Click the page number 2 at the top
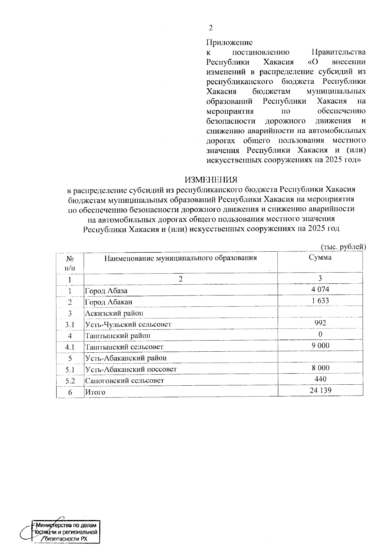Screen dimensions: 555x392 [x=211, y=28]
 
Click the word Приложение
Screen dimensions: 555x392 [x=229, y=42]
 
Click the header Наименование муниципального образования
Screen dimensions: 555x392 [x=180, y=258]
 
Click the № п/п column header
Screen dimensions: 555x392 [x=70, y=263]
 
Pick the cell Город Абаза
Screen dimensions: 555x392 [x=106, y=291]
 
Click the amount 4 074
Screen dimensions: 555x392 [x=320, y=289]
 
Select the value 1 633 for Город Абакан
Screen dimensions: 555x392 [x=320, y=300]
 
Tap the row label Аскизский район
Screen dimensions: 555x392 [x=114, y=313]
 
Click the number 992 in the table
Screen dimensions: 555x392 [x=320, y=323]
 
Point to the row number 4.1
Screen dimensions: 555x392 [x=70, y=347]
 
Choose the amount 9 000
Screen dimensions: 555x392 [x=320, y=345]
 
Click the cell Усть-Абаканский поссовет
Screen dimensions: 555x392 [x=131, y=369]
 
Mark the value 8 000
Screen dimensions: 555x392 [x=320, y=368]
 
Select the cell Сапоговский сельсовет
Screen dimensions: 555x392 [x=124, y=381]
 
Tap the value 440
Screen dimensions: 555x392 [x=320, y=379]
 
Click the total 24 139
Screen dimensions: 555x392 [x=320, y=390]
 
